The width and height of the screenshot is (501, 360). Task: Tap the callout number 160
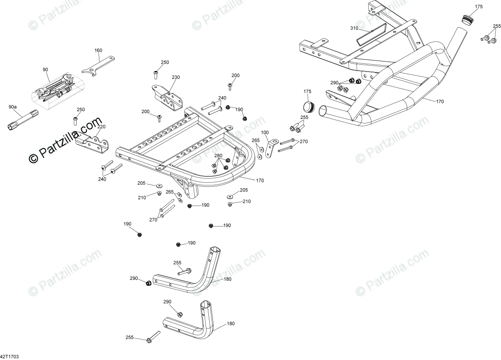click(98, 51)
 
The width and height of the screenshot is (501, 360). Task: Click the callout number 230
click(176, 77)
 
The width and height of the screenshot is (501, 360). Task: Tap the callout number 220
click(101, 127)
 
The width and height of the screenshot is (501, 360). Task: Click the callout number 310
click(354, 28)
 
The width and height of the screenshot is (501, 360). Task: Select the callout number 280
click(218, 156)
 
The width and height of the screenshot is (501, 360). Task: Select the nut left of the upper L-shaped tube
click(148, 283)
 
